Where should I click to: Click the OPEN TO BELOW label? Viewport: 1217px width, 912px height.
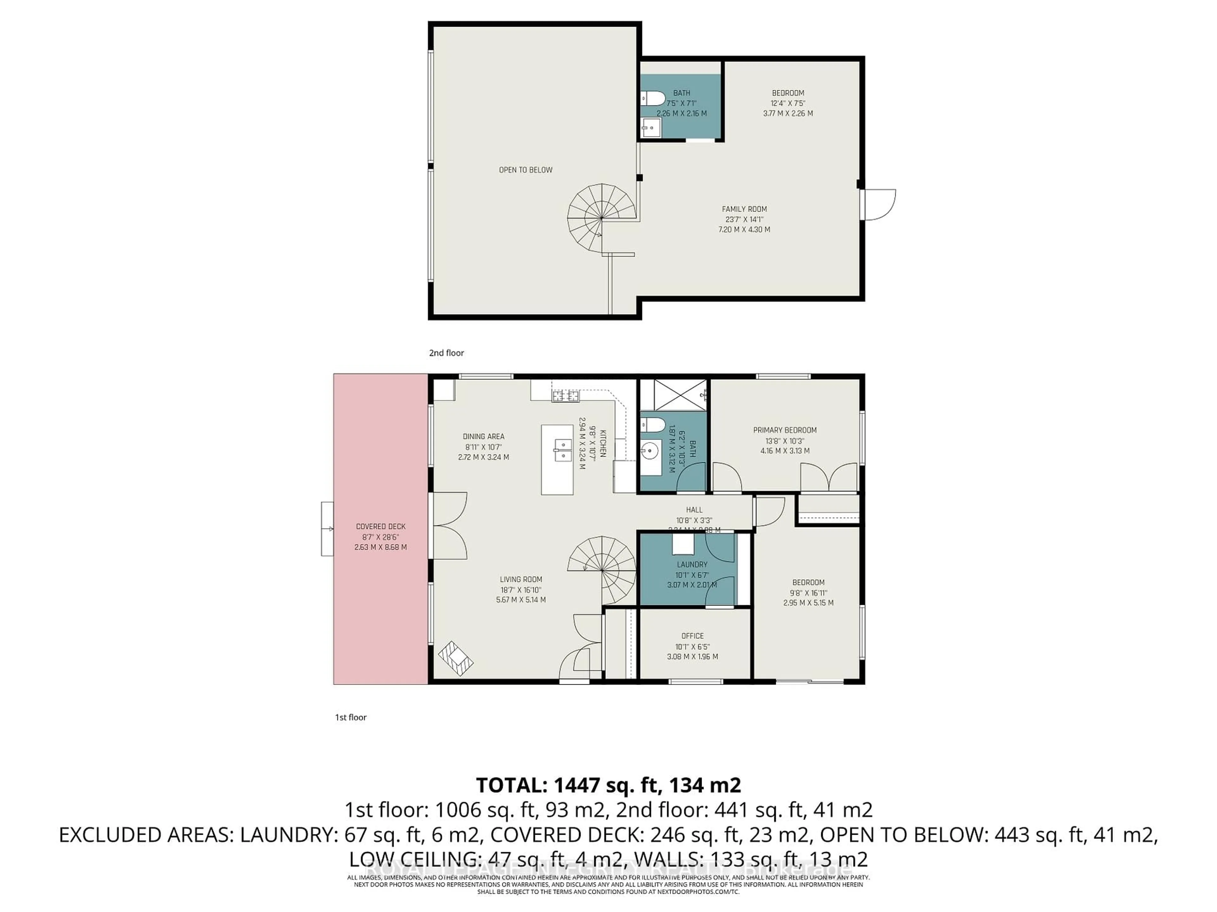(x=525, y=170)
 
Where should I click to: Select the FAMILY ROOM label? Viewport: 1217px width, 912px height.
(x=744, y=209)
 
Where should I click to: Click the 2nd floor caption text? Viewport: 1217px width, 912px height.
(x=446, y=353)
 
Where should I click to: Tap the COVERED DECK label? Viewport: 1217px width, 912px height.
(x=381, y=527)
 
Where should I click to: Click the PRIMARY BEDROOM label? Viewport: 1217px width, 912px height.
(x=785, y=430)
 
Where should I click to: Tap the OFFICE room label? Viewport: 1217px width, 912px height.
(x=692, y=636)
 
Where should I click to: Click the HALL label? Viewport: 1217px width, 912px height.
(x=694, y=510)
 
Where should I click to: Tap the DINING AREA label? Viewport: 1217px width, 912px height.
(x=483, y=436)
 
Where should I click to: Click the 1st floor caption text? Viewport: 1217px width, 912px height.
(x=351, y=717)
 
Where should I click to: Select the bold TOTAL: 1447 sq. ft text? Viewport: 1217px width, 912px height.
(x=608, y=785)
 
